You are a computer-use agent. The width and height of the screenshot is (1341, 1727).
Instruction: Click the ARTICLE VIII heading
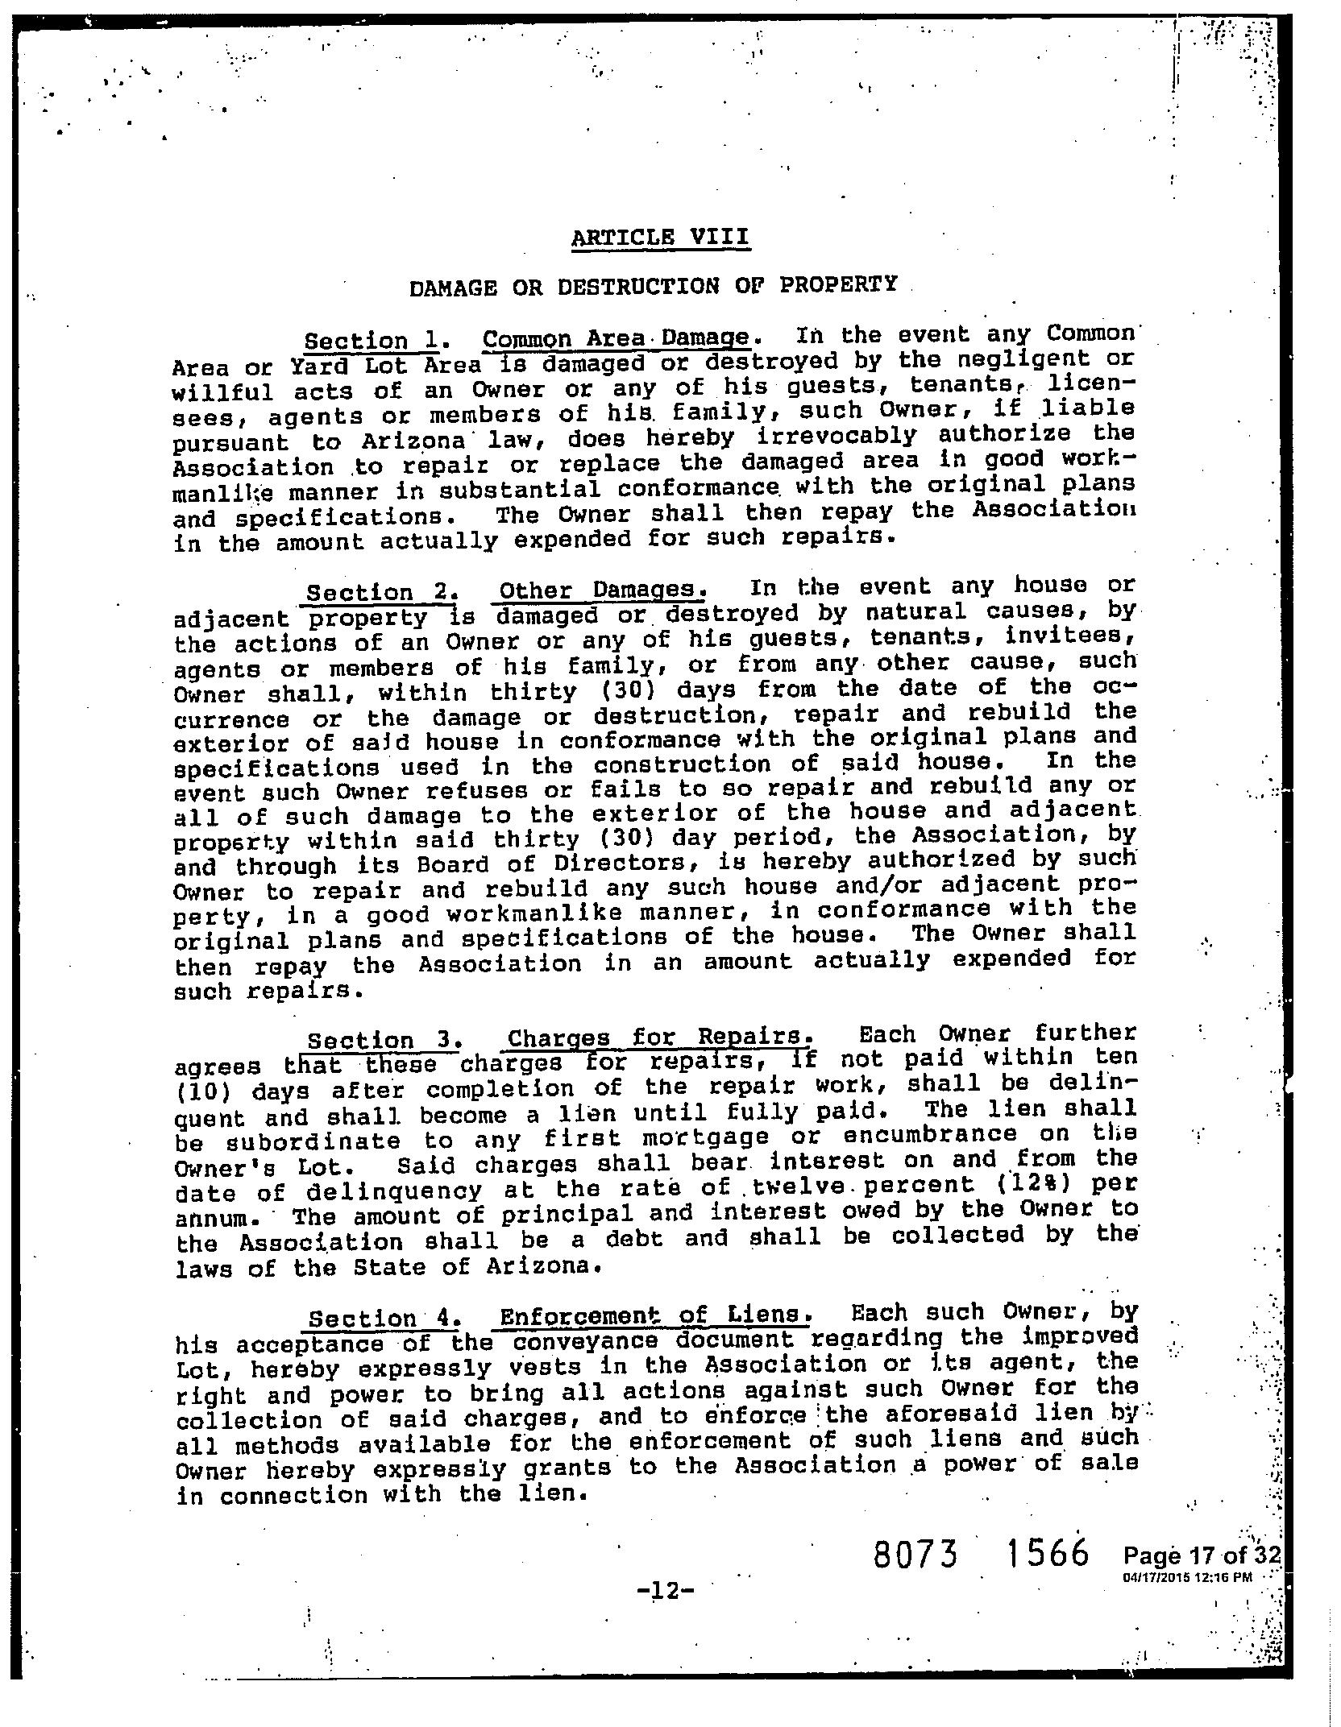tap(660, 238)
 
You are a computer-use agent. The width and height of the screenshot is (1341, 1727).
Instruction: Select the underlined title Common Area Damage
tap(617, 338)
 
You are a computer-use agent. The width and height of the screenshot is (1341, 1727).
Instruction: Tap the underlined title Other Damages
tap(601, 590)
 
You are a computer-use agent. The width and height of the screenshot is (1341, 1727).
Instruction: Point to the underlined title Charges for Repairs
tap(656, 1036)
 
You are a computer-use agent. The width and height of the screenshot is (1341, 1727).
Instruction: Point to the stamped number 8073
tap(915, 1554)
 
